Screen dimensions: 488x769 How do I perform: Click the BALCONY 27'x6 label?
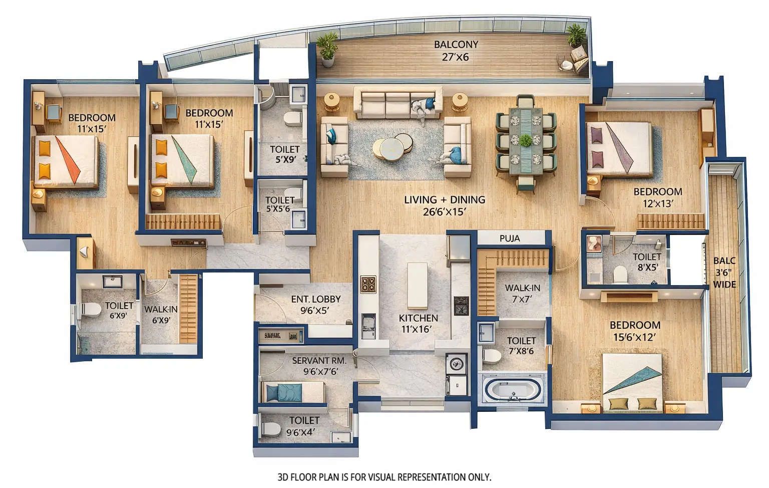click(456, 51)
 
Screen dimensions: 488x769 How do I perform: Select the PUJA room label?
click(510, 238)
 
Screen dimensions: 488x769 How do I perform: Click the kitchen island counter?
click(417, 285)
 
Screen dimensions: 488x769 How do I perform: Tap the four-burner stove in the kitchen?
click(368, 285)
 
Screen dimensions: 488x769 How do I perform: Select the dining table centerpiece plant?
click(525, 140)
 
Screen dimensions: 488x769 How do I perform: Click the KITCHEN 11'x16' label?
click(418, 323)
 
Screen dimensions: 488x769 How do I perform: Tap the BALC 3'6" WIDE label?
click(724, 272)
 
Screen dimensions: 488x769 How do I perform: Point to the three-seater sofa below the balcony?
click(398, 102)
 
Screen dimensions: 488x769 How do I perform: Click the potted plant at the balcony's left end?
click(328, 50)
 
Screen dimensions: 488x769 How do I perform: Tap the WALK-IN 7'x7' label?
click(522, 293)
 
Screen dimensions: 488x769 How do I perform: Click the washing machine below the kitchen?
click(456, 364)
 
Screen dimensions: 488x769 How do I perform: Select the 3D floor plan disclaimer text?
click(384, 477)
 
